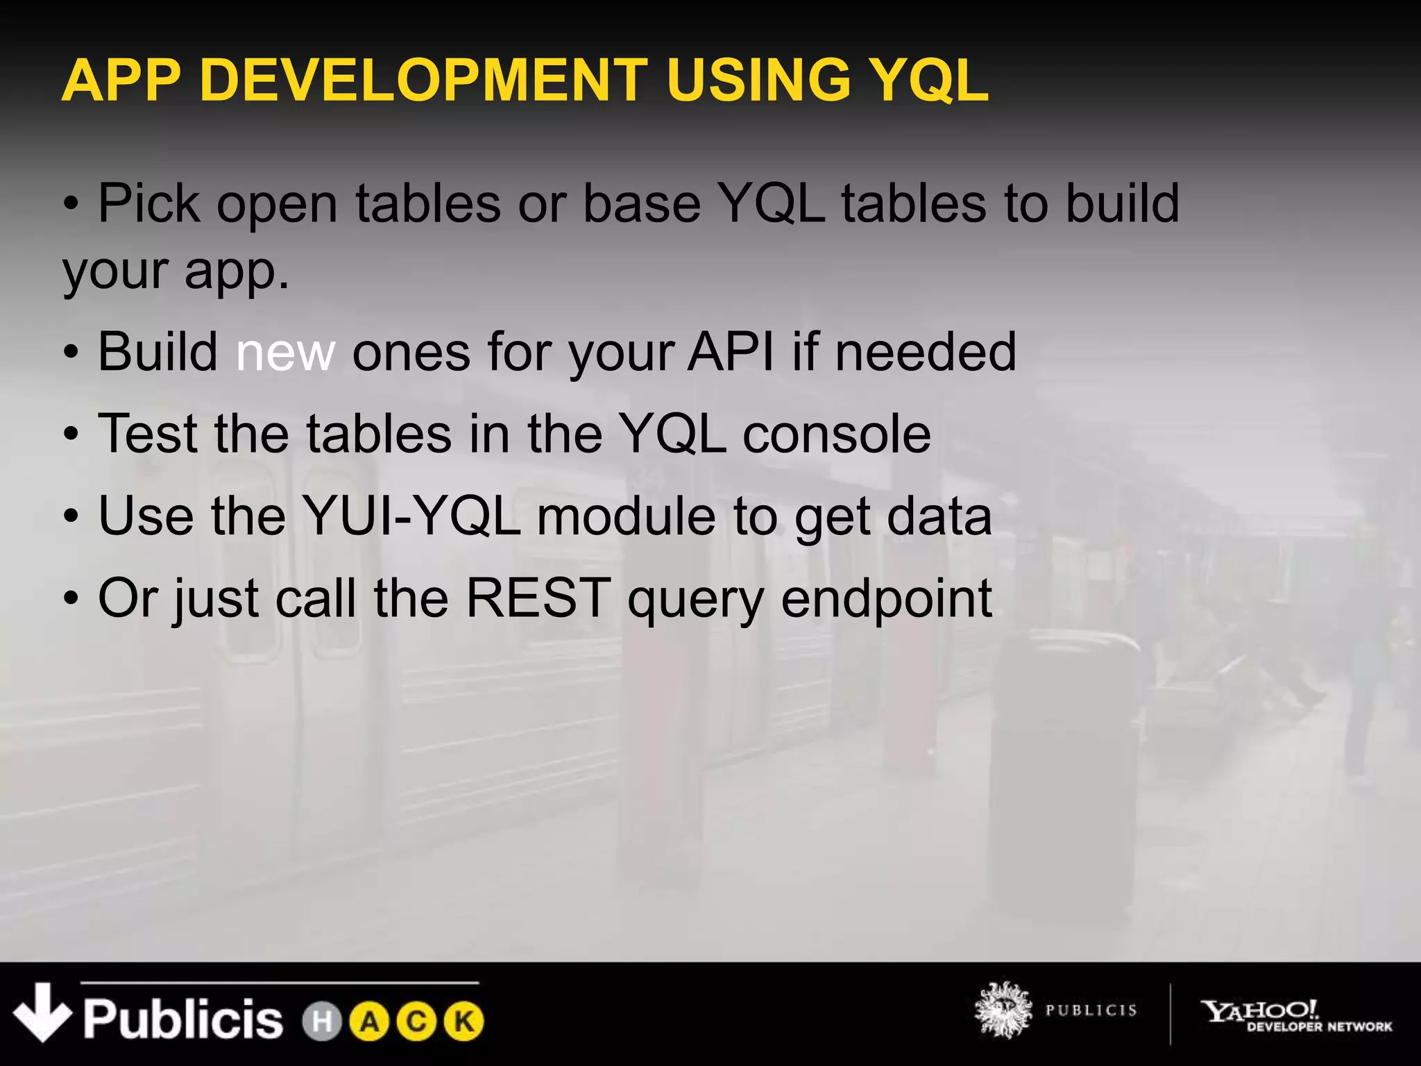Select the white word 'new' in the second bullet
point(285,353)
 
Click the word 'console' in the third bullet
point(837,434)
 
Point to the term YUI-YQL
point(412,516)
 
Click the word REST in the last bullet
point(538,598)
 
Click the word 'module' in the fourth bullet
point(626,516)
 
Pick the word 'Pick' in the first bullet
point(148,204)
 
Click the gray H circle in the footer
point(322,1022)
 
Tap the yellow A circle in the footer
point(370,1022)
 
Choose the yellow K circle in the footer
point(463,1022)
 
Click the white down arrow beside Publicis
point(42,1012)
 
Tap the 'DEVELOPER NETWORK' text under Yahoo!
point(1319,1027)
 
